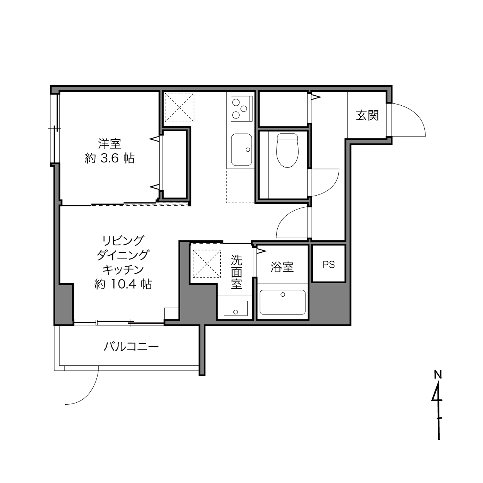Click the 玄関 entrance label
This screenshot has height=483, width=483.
(x=367, y=116)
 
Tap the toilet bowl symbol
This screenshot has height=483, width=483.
(x=287, y=150)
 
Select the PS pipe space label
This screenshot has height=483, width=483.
(x=329, y=264)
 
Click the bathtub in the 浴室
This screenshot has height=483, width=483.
(x=282, y=302)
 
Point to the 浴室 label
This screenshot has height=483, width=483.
(x=282, y=267)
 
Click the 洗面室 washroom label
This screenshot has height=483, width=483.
(x=236, y=272)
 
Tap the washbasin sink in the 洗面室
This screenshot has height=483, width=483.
(x=235, y=308)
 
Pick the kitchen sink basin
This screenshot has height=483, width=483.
(x=241, y=150)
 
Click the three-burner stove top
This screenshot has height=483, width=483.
(x=241, y=108)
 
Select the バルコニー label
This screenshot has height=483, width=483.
(x=131, y=347)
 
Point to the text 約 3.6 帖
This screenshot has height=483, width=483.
(x=110, y=159)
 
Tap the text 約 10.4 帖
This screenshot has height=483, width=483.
(x=123, y=284)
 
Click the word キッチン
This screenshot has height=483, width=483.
(x=123, y=270)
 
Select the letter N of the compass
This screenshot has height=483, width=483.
(x=438, y=382)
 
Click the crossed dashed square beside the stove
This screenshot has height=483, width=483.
(x=179, y=108)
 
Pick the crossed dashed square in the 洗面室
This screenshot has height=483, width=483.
(x=206, y=263)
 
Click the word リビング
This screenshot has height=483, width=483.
(x=123, y=241)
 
